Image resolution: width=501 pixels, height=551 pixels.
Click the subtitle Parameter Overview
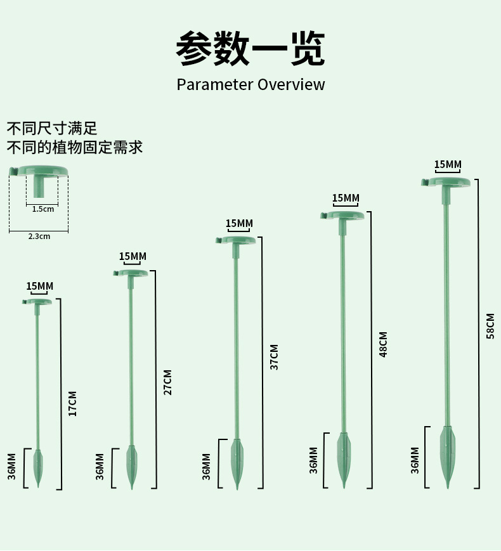click(251, 84)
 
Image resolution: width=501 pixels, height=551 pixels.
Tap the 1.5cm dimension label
click(43, 209)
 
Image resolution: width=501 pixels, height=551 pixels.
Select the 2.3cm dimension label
click(39, 236)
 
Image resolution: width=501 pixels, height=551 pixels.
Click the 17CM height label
click(72, 403)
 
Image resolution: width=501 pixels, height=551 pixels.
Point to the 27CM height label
click(167, 382)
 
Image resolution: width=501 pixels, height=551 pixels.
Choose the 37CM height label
click(274, 357)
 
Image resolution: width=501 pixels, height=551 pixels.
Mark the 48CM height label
click(382, 344)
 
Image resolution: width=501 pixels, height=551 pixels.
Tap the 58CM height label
click(490, 326)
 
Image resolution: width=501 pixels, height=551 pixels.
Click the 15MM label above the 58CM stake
click(448, 165)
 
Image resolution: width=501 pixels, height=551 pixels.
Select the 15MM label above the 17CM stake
click(39, 286)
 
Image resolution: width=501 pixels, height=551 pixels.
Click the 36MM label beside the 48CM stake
click(313, 460)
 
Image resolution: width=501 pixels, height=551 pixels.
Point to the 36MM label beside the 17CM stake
click(12, 466)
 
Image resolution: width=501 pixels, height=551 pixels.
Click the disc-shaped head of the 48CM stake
click(343, 216)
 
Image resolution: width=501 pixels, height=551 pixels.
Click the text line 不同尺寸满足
click(52, 129)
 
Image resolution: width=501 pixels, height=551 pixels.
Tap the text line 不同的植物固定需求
click(75, 148)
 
